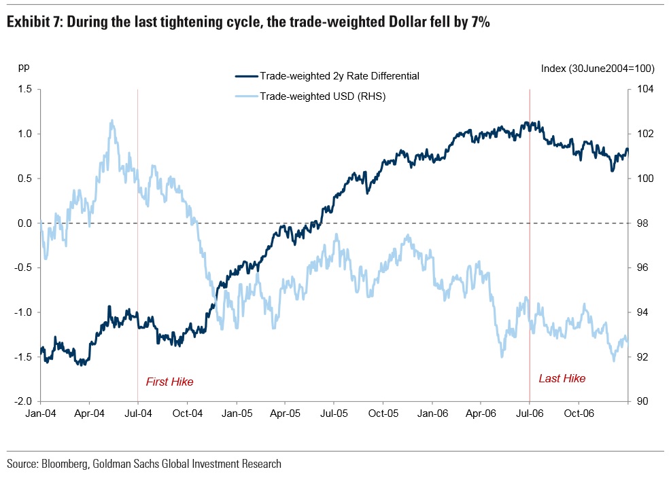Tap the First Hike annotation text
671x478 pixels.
(170, 382)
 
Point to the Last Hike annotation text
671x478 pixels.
(562, 378)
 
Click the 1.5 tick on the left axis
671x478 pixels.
(24, 89)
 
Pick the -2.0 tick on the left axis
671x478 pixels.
(23, 401)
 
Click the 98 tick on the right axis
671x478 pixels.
(642, 223)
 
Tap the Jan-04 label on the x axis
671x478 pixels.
(41, 412)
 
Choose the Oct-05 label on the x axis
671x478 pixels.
(383, 412)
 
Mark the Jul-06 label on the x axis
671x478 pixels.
(529, 412)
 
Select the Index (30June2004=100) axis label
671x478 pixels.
(597, 68)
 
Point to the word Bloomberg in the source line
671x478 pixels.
(66, 464)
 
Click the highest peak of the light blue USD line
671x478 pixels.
(111, 122)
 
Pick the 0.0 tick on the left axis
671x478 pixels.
(24, 223)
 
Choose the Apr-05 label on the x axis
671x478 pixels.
(285, 412)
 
